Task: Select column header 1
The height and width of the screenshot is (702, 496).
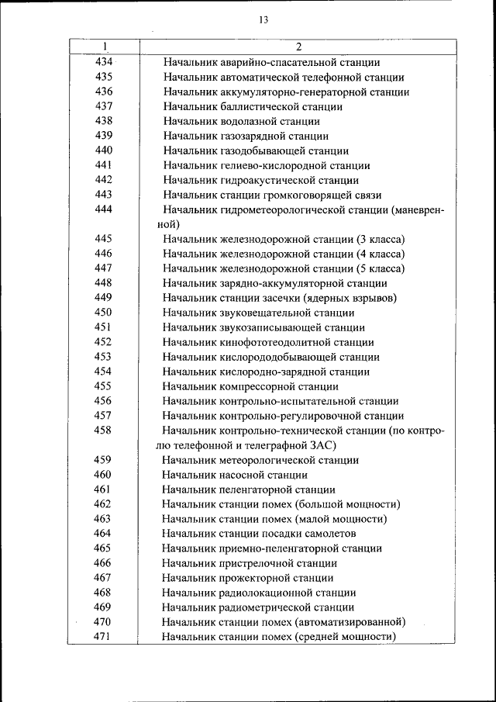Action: click(x=104, y=47)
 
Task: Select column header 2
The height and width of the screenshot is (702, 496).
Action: click(x=298, y=47)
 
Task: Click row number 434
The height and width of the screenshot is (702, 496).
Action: click(x=104, y=62)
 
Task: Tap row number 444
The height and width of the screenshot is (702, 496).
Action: click(x=104, y=209)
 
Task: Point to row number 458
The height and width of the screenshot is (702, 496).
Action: click(x=104, y=431)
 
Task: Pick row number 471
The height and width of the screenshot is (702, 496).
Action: click(x=104, y=637)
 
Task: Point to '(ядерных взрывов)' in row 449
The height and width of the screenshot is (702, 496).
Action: click(x=353, y=298)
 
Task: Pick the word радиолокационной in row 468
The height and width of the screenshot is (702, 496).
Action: click(x=265, y=593)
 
